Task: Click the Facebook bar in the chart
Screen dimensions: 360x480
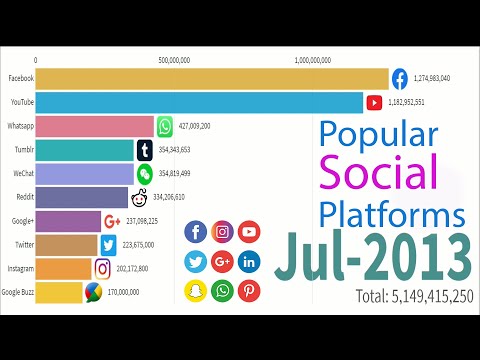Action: tap(210, 78)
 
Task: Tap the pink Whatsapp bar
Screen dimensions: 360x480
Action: tap(95, 126)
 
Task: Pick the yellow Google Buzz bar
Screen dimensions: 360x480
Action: tap(58, 292)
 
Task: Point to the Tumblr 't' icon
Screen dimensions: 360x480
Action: tap(146, 150)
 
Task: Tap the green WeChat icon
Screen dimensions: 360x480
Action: tap(146, 174)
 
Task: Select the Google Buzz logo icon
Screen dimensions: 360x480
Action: tap(93, 292)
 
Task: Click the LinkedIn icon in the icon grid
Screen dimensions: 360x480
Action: tap(249, 262)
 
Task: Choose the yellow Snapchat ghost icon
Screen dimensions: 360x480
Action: tap(196, 290)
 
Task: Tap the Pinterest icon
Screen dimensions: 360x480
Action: tap(249, 290)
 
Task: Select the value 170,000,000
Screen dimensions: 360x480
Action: tap(130, 292)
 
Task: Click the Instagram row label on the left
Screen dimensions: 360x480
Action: tap(19, 268)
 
